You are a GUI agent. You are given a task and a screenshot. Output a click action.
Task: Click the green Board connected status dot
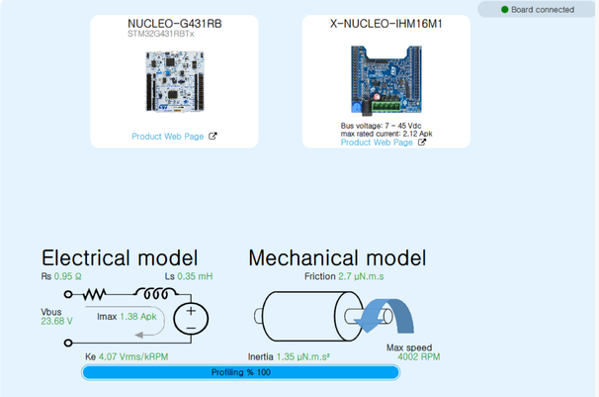coord(504,10)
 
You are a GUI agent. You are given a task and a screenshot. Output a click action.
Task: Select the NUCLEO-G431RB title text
coord(175,24)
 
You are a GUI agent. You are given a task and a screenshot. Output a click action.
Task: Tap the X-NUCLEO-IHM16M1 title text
coord(385,24)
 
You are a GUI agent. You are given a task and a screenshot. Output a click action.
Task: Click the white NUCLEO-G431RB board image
coord(175,81)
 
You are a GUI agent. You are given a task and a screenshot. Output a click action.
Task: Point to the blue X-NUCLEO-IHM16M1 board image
coord(386,80)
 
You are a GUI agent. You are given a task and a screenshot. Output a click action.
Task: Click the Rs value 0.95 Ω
coord(67,276)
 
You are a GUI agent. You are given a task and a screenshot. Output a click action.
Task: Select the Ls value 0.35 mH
coord(195,276)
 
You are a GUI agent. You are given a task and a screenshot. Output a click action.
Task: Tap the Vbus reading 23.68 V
coord(56,322)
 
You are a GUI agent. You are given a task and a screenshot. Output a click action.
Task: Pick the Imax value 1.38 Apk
coord(138,317)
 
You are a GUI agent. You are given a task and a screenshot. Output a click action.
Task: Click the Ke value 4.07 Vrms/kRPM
coord(133,356)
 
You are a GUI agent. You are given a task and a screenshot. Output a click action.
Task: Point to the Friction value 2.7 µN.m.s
coord(361,276)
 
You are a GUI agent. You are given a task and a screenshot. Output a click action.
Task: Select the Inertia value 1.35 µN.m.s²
coord(303,356)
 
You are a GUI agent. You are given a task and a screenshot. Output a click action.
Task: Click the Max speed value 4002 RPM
coord(419,356)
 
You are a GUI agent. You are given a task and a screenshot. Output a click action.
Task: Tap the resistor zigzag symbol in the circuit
coord(94,294)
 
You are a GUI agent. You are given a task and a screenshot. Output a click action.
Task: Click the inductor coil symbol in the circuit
coord(155,293)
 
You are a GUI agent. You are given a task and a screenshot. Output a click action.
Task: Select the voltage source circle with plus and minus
coord(191,319)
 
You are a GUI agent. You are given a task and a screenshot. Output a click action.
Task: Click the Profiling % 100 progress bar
coord(240,372)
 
